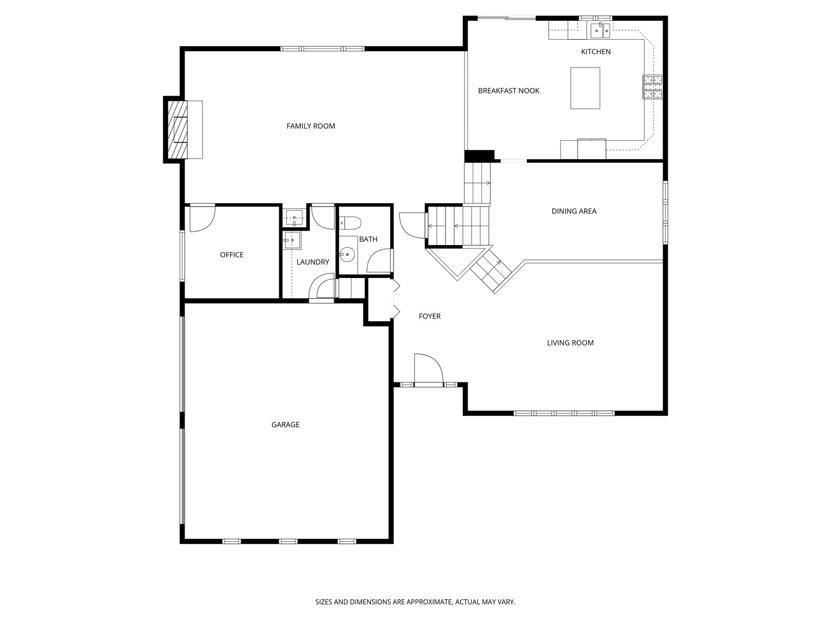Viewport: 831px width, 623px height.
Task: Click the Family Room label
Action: [x=310, y=126]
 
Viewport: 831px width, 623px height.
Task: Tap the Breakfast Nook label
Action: [x=508, y=91]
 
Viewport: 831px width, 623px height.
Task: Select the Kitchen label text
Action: [x=596, y=52]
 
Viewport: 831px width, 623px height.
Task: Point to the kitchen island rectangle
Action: [x=585, y=88]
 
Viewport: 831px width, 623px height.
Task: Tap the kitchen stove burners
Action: [x=653, y=88]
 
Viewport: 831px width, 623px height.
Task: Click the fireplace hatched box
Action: [x=178, y=130]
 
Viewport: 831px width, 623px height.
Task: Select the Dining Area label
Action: [x=574, y=211]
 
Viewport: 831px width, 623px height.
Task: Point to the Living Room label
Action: [x=570, y=343]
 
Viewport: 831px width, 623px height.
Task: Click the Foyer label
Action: [x=429, y=316]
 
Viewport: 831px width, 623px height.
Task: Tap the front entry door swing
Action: [x=427, y=369]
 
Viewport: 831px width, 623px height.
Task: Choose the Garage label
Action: [x=286, y=425]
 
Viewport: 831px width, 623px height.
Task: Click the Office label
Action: [x=231, y=254]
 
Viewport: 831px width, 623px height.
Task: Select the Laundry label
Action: [x=313, y=262]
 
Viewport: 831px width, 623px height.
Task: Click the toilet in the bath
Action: [x=350, y=222]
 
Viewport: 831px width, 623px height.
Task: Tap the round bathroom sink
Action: [x=347, y=253]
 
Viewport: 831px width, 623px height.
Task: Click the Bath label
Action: [x=368, y=239]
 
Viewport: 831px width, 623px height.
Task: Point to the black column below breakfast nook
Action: [x=480, y=156]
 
